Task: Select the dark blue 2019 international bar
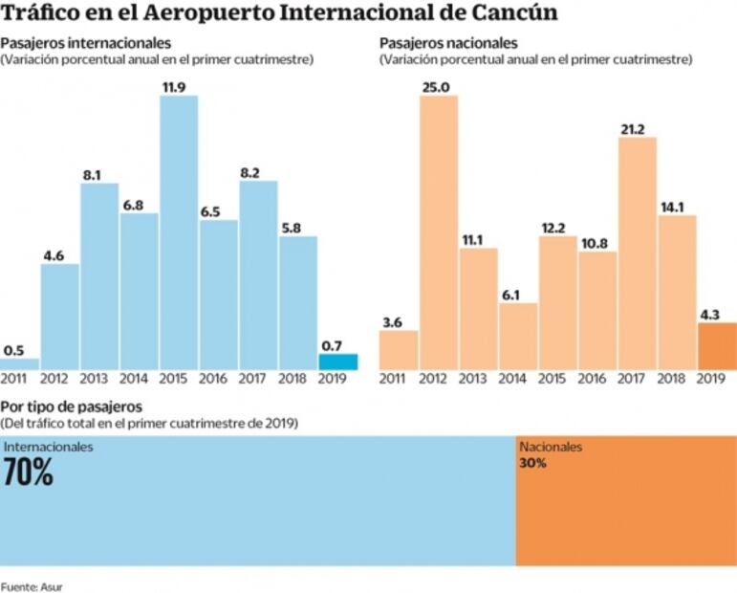pyautogui.click(x=337, y=362)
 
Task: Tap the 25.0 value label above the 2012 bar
pyautogui.click(x=439, y=87)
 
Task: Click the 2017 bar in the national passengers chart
pyautogui.click(x=638, y=253)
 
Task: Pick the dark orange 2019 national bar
pyautogui.click(x=717, y=346)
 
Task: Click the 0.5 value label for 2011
pyautogui.click(x=14, y=350)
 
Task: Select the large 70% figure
pyautogui.click(x=29, y=472)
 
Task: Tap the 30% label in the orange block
pyautogui.click(x=532, y=464)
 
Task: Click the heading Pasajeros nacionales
pyautogui.click(x=448, y=44)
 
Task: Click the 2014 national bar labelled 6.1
pyautogui.click(x=517, y=337)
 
